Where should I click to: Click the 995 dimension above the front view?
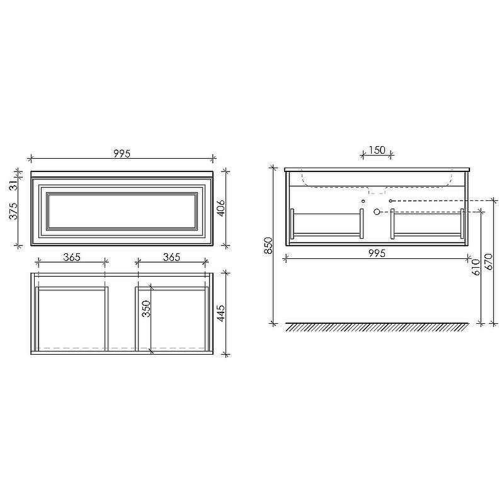tap(122, 154)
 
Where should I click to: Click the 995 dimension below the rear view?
tap(377, 254)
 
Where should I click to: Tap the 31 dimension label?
tap(13, 185)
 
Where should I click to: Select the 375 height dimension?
tap(13, 211)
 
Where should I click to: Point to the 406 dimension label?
tap(221, 208)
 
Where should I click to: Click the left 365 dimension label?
tap(72, 257)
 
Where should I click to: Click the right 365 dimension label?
tap(171, 257)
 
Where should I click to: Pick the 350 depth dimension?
tap(146, 309)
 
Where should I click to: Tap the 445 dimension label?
tap(221, 313)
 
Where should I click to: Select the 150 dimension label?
tap(377, 150)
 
